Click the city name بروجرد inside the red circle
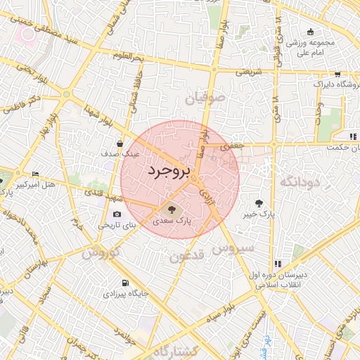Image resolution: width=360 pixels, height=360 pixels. (170, 171)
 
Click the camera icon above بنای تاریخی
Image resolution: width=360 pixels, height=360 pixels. (117, 214)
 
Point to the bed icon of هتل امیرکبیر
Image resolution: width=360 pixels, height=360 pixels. (36, 174)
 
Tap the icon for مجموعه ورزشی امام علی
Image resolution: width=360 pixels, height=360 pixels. (311, 32)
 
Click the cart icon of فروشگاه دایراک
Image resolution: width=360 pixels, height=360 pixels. (337, 74)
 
